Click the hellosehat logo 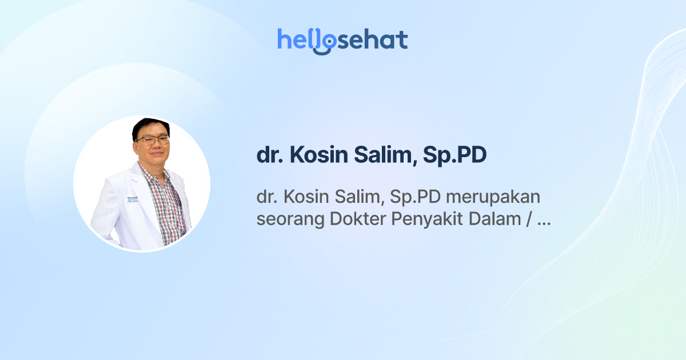coord(342,41)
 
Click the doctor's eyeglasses coord(153,139)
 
